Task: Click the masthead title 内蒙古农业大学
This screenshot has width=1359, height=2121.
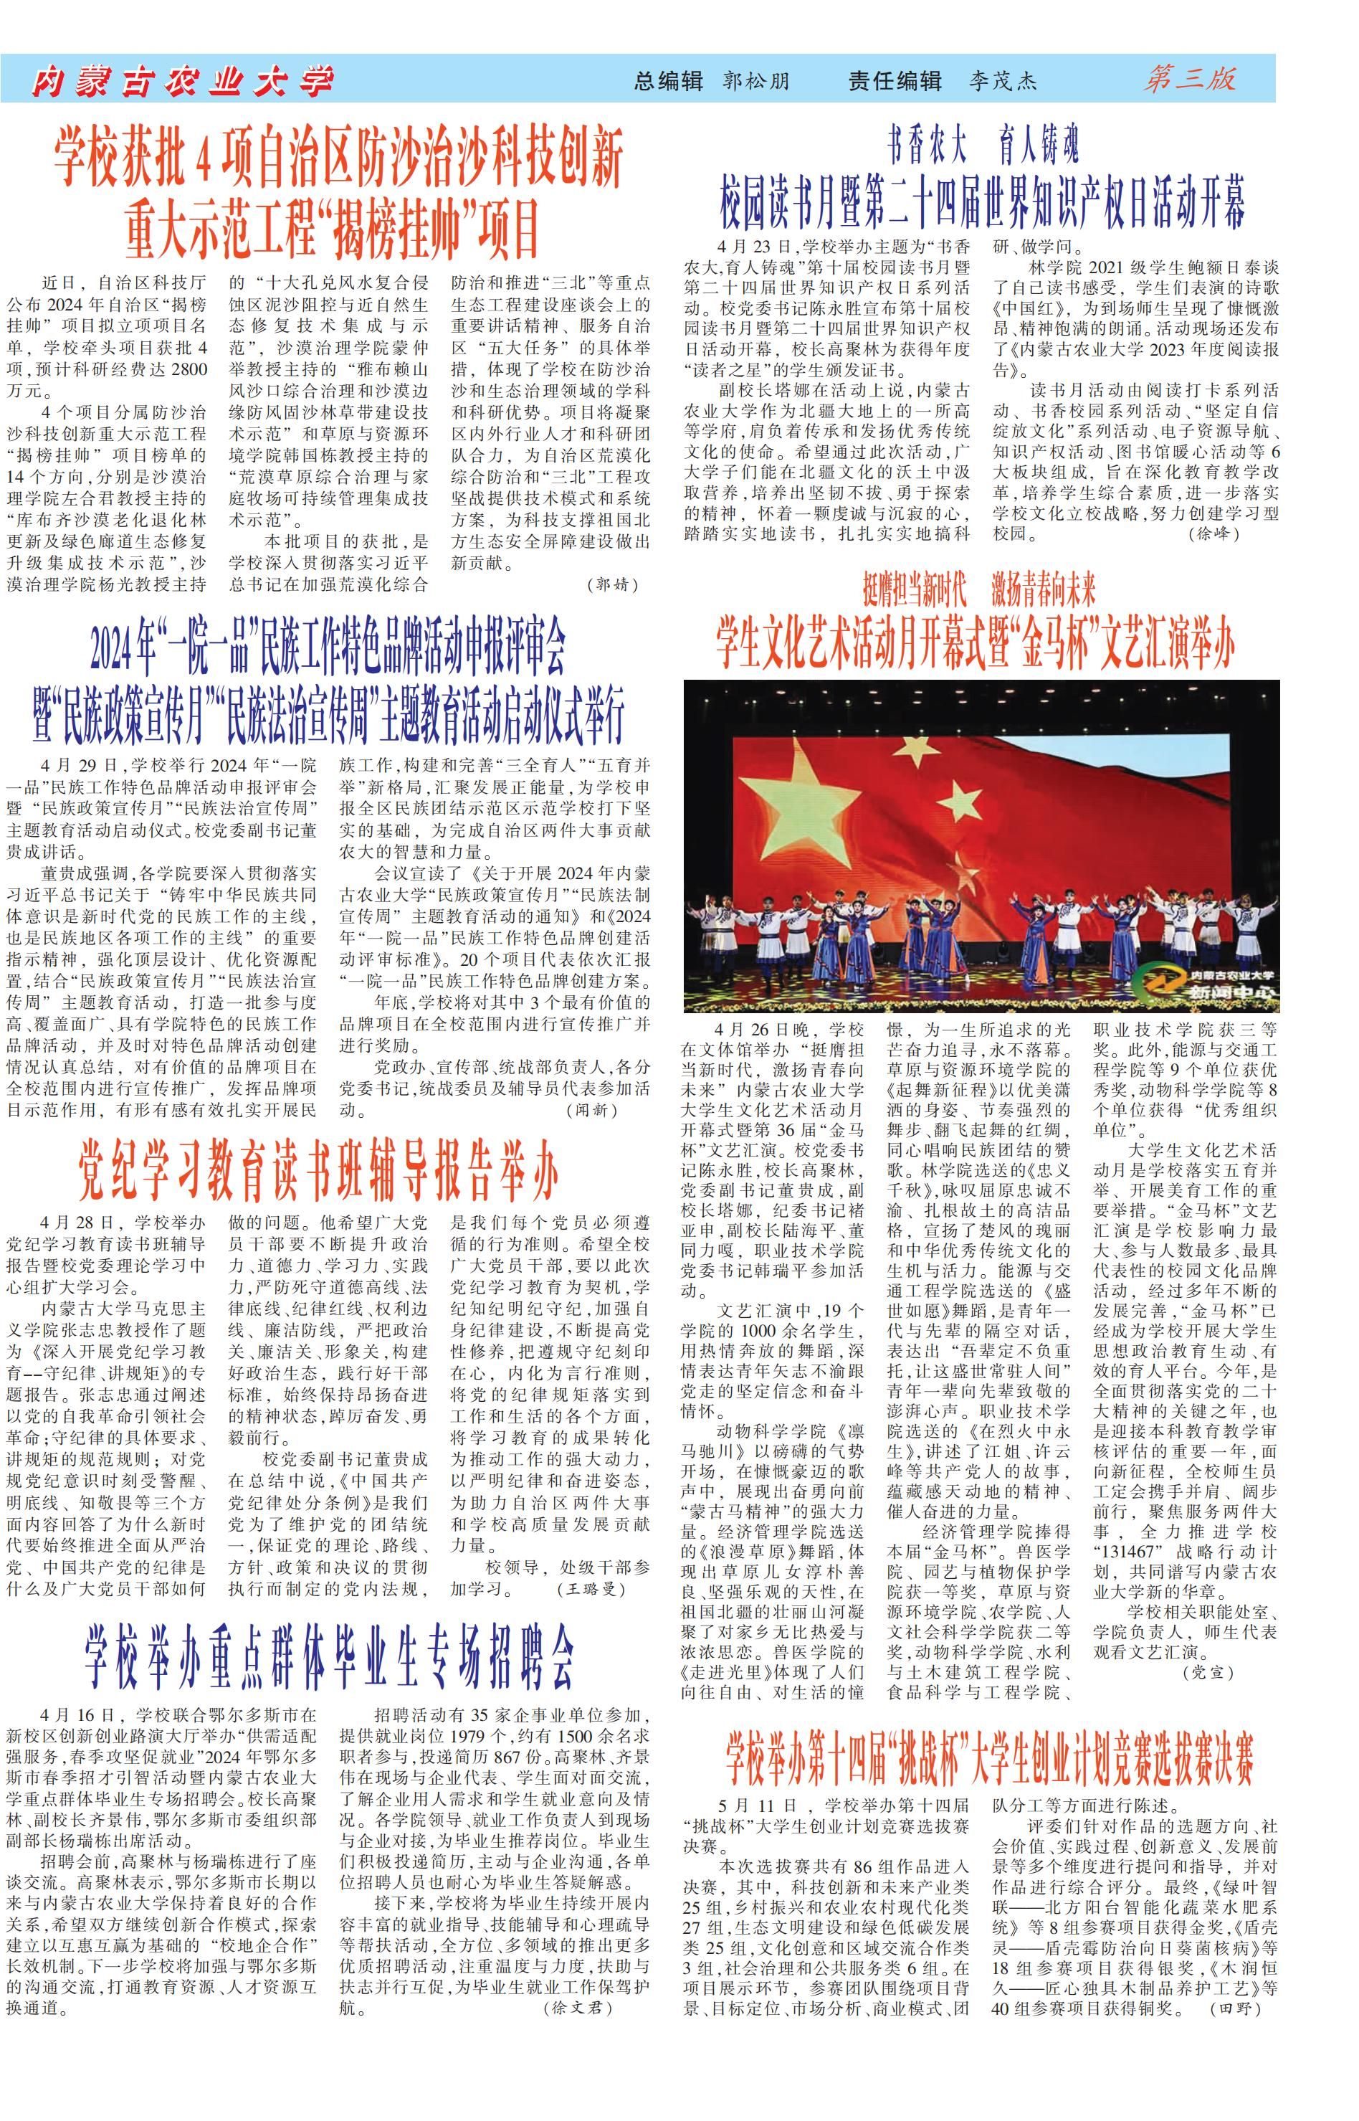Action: tap(183, 81)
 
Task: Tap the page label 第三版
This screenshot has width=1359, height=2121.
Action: tap(1190, 80)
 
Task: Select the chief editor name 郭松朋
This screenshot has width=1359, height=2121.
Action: tap(756, 81)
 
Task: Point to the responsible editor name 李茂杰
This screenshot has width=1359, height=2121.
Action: tap(1003, 81)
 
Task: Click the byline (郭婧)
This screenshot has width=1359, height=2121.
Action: tap(611, 584)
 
